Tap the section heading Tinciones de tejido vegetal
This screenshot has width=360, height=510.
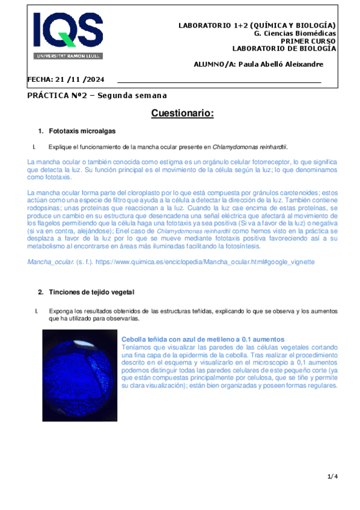click(x=95, y=292)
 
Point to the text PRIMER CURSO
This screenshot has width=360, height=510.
click(x=309, y=41)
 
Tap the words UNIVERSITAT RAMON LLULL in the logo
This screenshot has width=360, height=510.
click(x=68, y=55)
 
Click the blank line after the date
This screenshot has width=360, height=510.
click(x=219, y=80)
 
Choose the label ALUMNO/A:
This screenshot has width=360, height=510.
click(x=215, y=64)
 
